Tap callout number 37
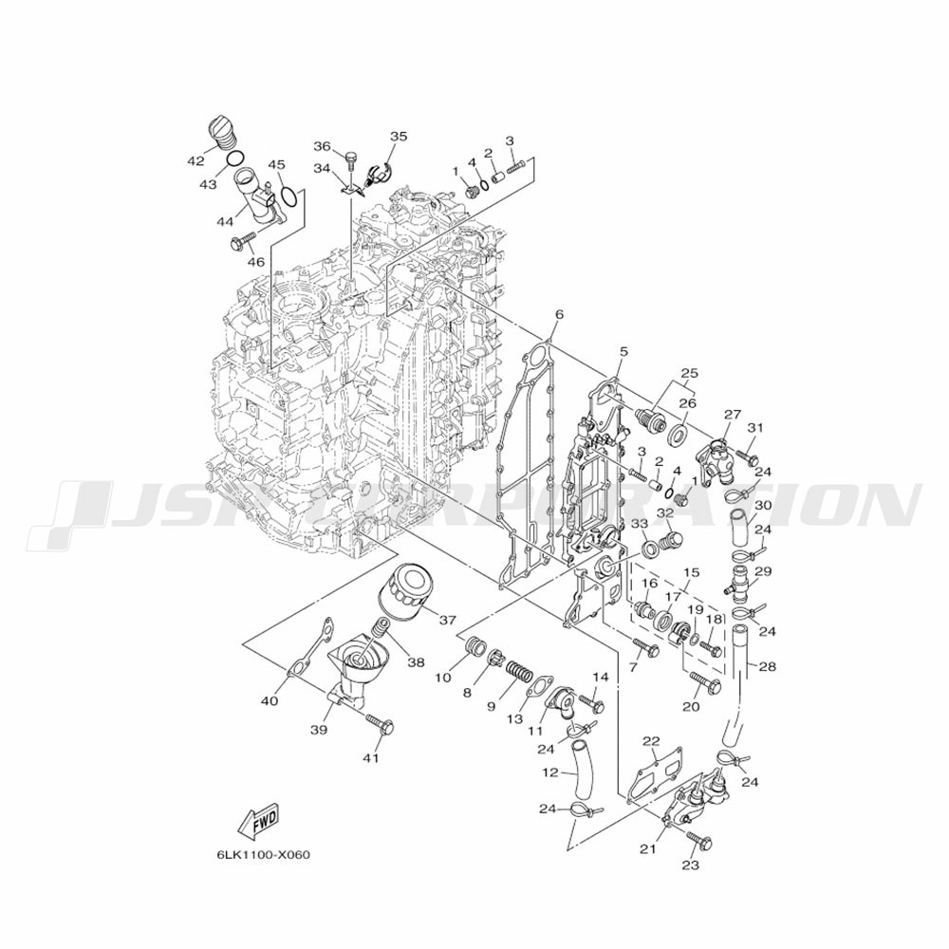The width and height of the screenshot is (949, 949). pos(445,620)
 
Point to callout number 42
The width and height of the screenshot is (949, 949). pos(195,160)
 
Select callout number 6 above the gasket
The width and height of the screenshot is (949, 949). pos(559,314)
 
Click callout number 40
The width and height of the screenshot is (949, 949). pos(270,701)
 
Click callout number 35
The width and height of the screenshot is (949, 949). pos(398,137)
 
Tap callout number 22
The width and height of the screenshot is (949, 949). pos(650,741)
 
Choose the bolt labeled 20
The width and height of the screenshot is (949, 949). pos(701,680)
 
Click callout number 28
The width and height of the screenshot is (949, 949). pos(767,666)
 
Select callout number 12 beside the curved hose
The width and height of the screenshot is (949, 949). pos(549,773)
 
